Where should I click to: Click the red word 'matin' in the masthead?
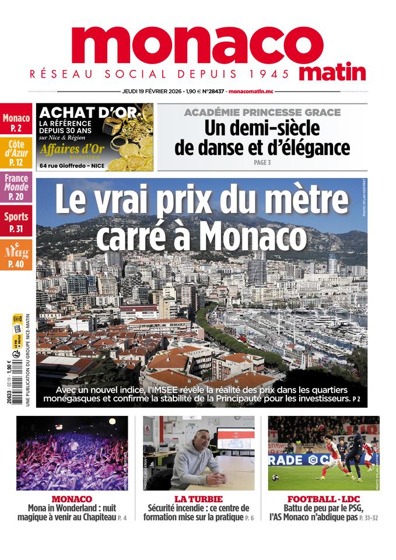click(333, 72)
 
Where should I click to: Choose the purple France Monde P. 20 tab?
click(16, 187)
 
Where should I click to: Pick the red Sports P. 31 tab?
click(16, 222)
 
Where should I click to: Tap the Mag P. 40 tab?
click(16, 256)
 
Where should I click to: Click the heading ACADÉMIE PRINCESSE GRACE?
click(262, 112)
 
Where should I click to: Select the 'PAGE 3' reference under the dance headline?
click(262, 163)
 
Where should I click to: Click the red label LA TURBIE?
click(196, 499)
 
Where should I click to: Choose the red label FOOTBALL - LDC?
click(324, 499)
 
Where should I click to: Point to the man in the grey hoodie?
click(192, 461)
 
